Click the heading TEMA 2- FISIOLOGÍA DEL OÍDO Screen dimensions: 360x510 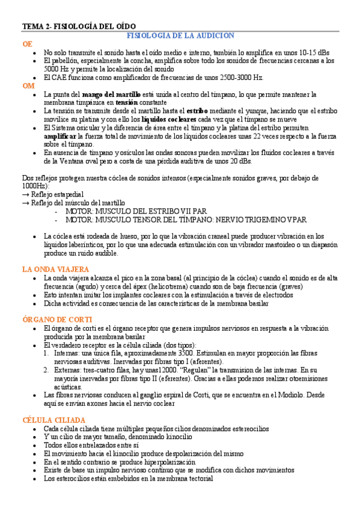click(79, 27)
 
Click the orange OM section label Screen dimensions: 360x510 click(28, 86)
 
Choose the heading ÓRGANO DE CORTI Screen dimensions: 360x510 click(57, 319)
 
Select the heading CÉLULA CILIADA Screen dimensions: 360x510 click(53, 419)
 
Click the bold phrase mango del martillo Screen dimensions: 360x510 click(111, 94)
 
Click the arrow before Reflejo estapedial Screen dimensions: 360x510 click(26, 194)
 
